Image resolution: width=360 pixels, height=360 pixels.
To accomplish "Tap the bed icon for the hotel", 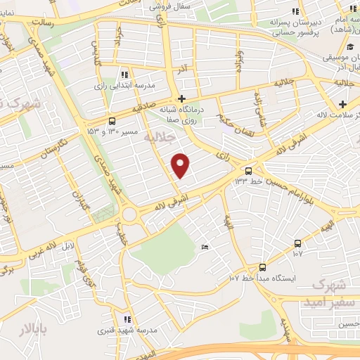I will click(x=205, y=247).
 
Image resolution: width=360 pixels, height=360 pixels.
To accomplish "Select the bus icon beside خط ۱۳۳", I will click(x=248, y=171).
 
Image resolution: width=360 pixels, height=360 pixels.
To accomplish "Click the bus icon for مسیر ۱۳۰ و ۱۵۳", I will click(x=113, y=121).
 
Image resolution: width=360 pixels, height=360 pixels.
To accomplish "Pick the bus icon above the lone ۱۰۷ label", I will click(x=297, y=243).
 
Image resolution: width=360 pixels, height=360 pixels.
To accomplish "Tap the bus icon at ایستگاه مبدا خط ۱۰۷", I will click(x=262, y=267).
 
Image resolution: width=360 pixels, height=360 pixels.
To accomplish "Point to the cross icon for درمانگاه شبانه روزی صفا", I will click(x=182, y=98).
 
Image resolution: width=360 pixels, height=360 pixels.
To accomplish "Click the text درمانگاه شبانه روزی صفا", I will click(x=185, y=115).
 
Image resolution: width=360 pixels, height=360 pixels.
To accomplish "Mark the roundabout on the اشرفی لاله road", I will click(x=129, y=214).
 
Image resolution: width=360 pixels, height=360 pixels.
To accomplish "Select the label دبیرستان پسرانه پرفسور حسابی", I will click(x=296, y=27).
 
